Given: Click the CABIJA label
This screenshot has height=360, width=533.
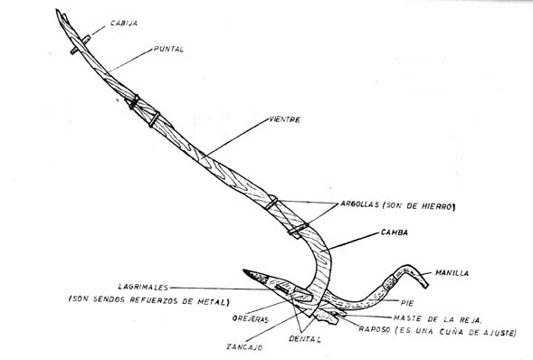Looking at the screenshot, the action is coord(124,24).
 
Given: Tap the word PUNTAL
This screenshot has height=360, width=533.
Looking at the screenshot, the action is coord(168,49).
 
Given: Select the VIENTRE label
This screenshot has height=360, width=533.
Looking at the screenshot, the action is coord(284,119).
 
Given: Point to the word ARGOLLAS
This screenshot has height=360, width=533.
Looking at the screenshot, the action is coord(359,204).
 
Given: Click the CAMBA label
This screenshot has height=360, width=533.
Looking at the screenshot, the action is coord(395,232).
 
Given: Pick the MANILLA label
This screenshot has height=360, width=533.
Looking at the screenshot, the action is coord(452,273).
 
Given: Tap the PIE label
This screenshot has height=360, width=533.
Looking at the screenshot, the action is coord(407,303).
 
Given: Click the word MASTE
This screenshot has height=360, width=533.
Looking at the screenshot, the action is coord(406,318).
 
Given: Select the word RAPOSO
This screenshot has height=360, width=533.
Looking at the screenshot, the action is coord(375,329).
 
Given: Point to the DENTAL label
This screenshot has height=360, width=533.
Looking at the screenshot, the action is coord(305,339).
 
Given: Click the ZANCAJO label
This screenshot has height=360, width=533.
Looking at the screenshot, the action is coord(244,347).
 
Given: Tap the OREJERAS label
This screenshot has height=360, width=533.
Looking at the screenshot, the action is coord(250,319).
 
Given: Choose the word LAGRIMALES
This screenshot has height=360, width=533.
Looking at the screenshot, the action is coord(143,287).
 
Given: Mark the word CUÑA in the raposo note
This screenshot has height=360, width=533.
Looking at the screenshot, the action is coord(452,331).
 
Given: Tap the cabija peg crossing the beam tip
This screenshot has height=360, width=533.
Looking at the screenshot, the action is coord(81,45).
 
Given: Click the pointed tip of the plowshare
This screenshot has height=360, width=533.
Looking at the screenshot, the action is coord(243,270).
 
